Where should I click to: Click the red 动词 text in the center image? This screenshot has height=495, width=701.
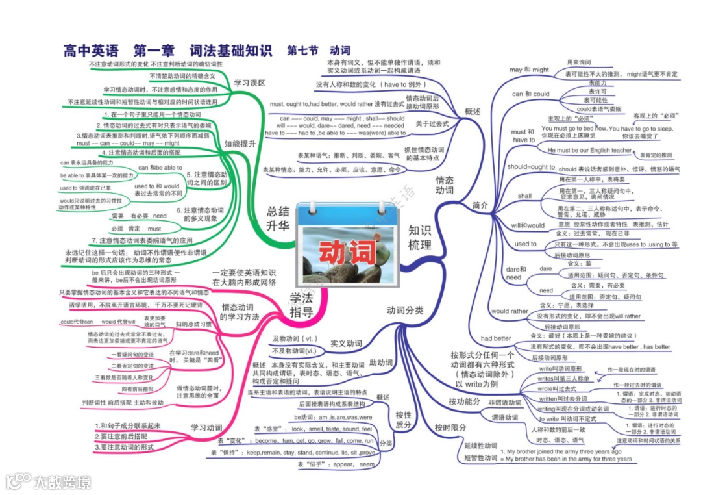339,251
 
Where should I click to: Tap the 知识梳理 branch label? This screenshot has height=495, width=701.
420,237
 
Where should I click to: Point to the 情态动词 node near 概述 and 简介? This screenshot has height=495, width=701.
445,185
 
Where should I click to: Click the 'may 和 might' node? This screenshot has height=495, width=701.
529,70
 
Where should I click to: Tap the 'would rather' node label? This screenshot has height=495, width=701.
510,311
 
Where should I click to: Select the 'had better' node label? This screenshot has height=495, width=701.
496,338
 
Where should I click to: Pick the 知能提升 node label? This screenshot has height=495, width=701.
240,143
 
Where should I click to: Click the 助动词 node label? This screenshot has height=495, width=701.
381,362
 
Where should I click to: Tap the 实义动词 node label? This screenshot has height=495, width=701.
346,342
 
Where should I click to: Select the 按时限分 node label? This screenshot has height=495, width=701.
450,427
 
